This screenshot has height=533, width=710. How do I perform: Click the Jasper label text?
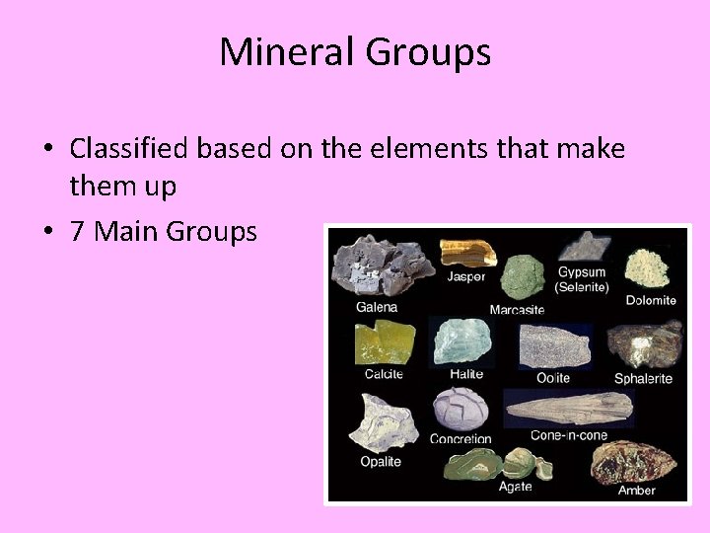[465, 277]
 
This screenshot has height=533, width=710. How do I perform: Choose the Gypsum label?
[581, 272]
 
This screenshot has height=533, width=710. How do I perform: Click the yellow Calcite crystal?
[385, 342]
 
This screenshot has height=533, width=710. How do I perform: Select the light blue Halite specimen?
[464, 342]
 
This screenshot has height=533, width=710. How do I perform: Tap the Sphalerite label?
[643, 378]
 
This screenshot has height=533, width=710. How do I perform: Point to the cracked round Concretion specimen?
[461, 408]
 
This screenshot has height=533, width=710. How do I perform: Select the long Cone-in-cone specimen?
[567, 408]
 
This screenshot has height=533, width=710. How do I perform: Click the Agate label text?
[516, 487]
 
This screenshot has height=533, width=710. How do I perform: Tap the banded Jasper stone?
[467, 252]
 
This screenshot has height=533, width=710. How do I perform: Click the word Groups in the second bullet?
[211, 232]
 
